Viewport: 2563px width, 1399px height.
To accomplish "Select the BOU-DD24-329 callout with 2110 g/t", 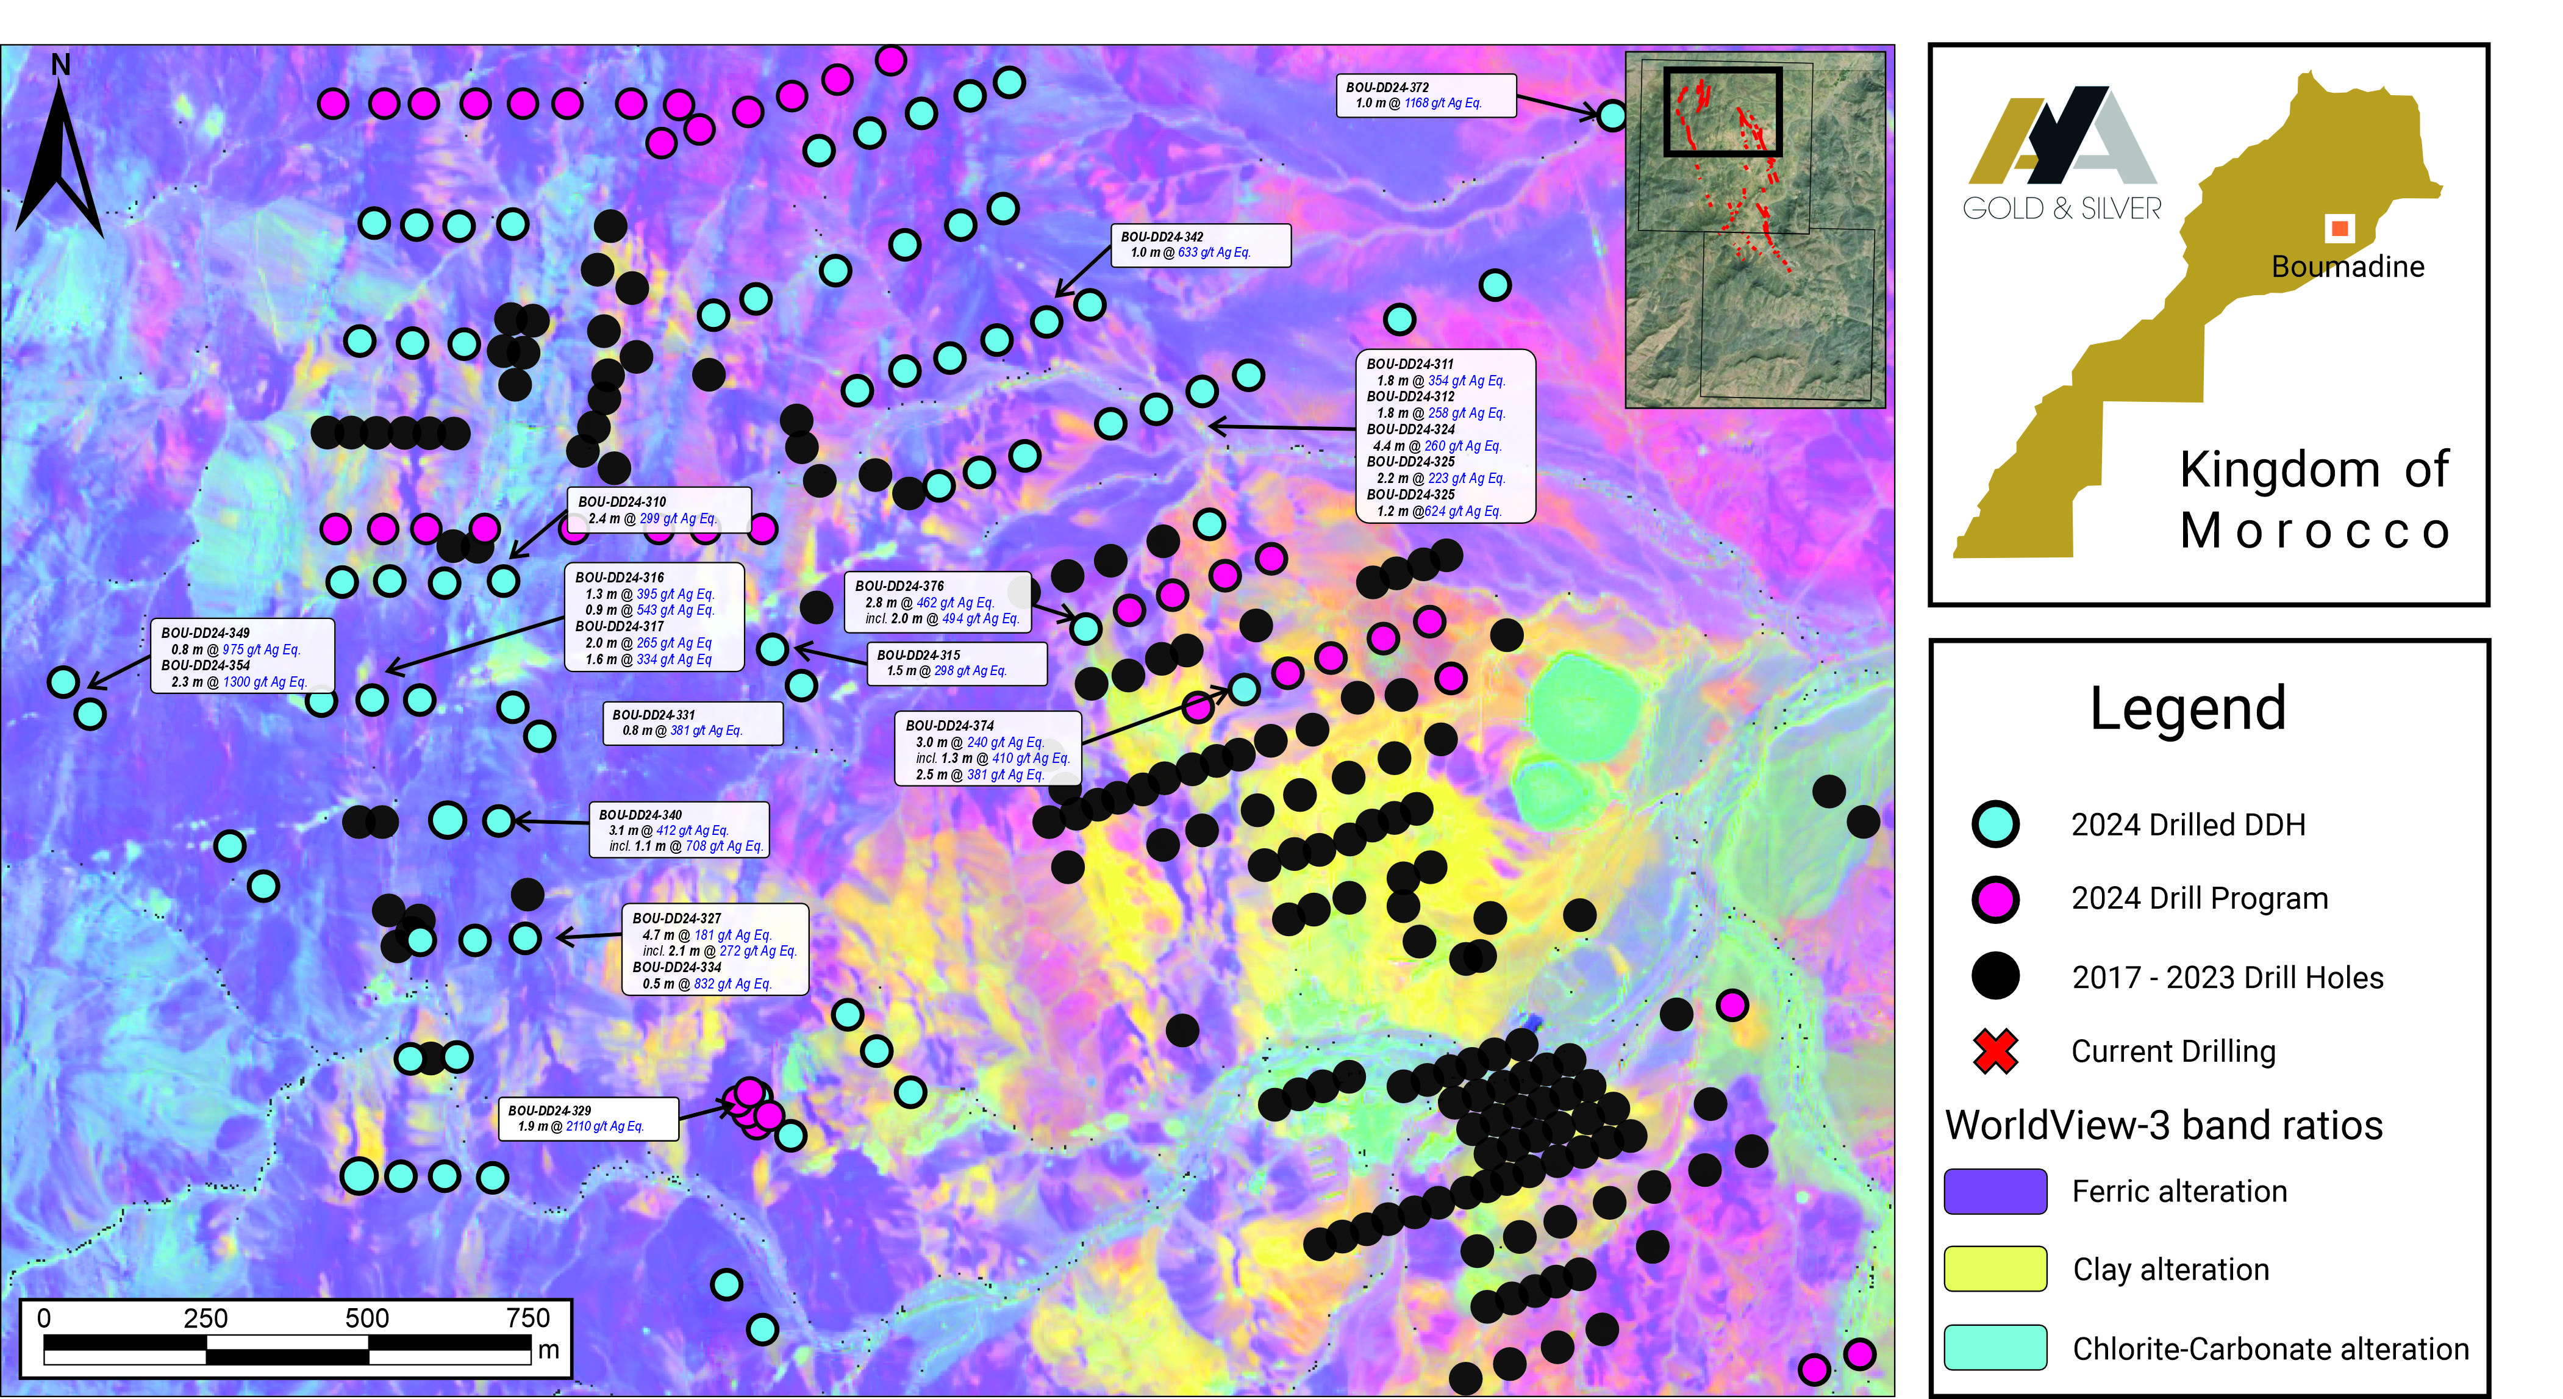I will pyautogui.click(x=587, y=1118).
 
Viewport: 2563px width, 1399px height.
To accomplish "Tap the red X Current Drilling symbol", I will pyautogui.click(x=1995, y=1051).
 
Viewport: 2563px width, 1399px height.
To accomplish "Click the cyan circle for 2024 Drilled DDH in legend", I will pyautogui.click(x=1995, y=824).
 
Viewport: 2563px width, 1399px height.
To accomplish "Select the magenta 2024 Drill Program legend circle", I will pyautogui.click(x=1995, y=898).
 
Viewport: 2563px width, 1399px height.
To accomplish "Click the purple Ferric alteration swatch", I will pyautogui.click(x=1995, y=1191).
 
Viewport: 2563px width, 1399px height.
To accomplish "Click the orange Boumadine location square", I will pyautogui.click(x=2339, y=229).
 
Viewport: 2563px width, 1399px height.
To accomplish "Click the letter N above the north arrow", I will pyautogui.click(x=61, y=66).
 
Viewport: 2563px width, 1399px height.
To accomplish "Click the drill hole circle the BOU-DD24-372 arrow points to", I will pyautogui.click(x=1612, y=115).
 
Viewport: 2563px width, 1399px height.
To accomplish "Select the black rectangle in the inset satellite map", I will pyautogui.click(x=1722, y=112).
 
